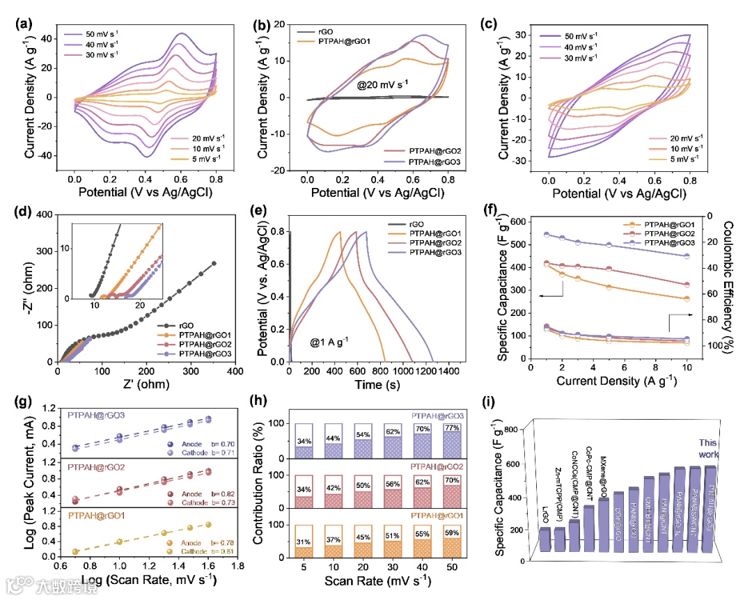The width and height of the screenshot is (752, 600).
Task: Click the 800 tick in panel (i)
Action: point(516,429)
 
